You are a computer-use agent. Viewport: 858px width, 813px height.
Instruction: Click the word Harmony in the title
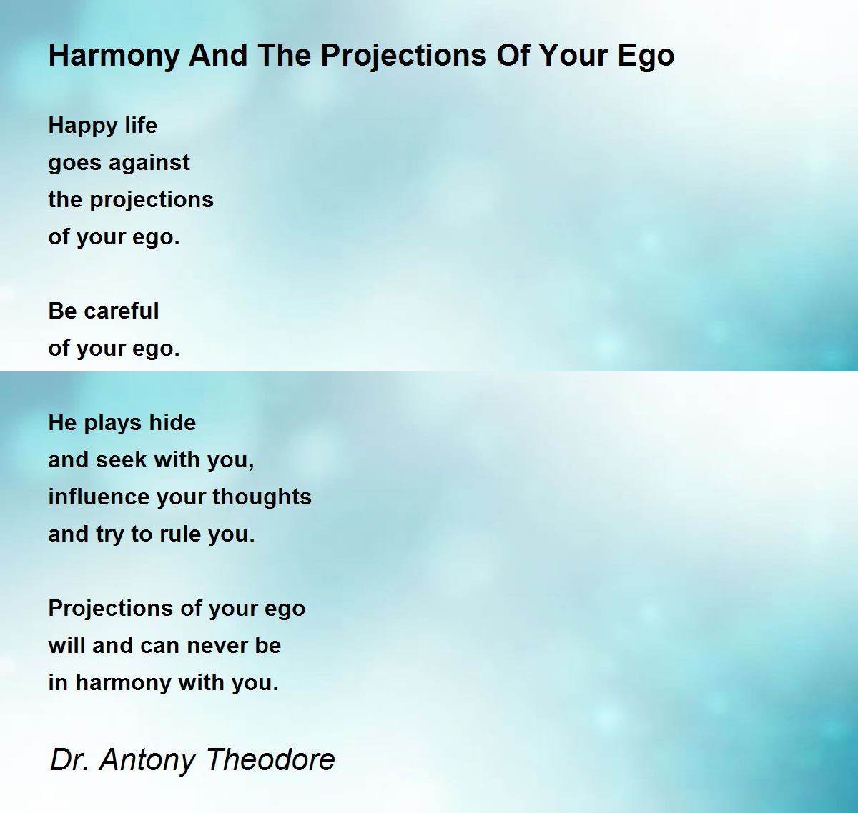(114, 56)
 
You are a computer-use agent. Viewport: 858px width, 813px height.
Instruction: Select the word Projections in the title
(404, 56)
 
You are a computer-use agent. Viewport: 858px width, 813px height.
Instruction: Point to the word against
(149, 164)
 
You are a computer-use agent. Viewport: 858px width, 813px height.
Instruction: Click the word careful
(122, 311)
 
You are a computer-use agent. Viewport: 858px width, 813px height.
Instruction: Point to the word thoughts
(262, 497)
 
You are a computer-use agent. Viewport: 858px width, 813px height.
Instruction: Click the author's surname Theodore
(270, 759)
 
